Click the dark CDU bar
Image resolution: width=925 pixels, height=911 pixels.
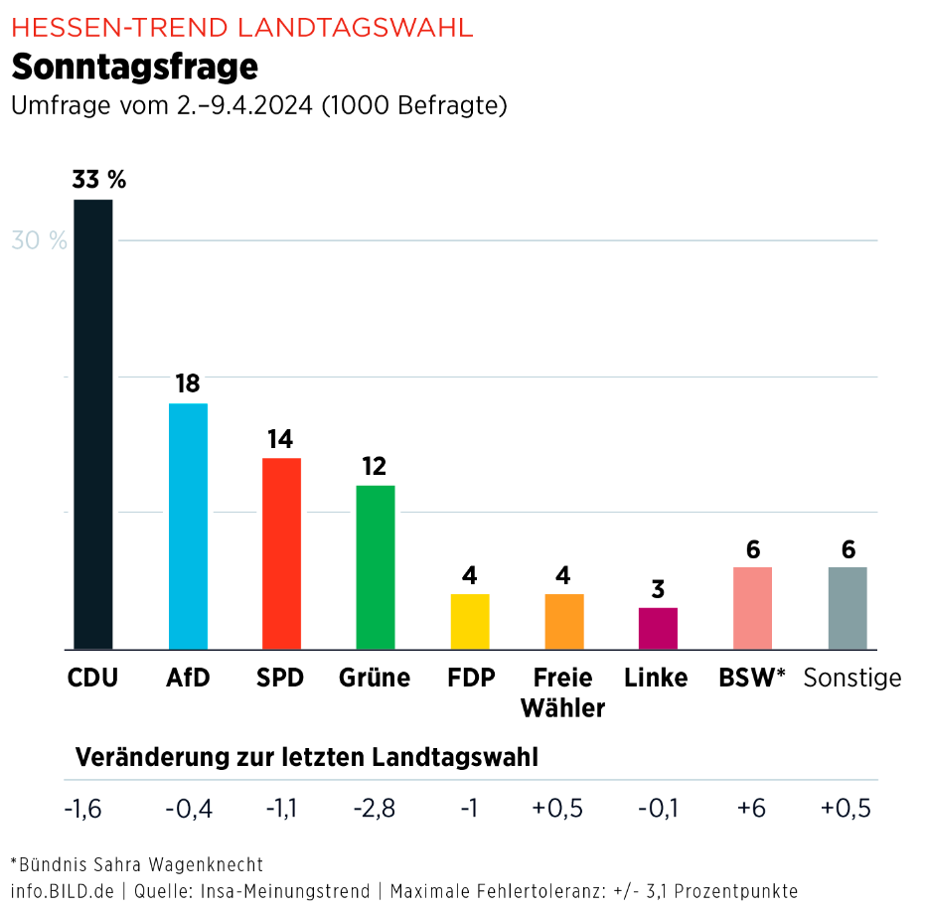(x=93, y=424)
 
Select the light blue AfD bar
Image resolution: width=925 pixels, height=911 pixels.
(x=188, y=526)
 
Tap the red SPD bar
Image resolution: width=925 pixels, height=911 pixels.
(x=281, y=553)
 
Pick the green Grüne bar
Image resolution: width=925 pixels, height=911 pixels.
(x=375, y=566)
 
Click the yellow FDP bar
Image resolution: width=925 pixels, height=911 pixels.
(x=470, y=621)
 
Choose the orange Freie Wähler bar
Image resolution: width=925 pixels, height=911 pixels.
(x=564, y=621)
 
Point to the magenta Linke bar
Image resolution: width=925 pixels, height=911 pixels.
(x=658, y=628)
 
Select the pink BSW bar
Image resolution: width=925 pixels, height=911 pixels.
(x=752, y=607)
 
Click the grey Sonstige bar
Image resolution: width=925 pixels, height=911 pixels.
(x=848, y=607)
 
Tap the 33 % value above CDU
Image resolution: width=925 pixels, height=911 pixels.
(x=98, y=180)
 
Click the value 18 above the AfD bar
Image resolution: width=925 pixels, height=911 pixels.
(x=188, y=383)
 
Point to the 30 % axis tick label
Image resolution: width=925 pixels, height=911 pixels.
(x=39, y=240)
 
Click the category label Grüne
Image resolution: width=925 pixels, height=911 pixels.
(x=375, y=678)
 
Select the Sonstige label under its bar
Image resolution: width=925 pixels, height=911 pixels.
(x=851, y=678)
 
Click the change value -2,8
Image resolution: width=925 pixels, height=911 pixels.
(x=375, y=809)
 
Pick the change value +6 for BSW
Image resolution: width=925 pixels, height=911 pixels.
(x=751, y=809)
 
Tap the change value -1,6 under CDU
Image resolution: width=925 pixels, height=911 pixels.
(x=82, y=809)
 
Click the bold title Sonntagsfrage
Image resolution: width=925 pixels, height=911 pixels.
(x=134, y=67)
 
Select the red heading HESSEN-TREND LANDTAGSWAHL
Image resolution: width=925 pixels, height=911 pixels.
(x=241, y=27)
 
